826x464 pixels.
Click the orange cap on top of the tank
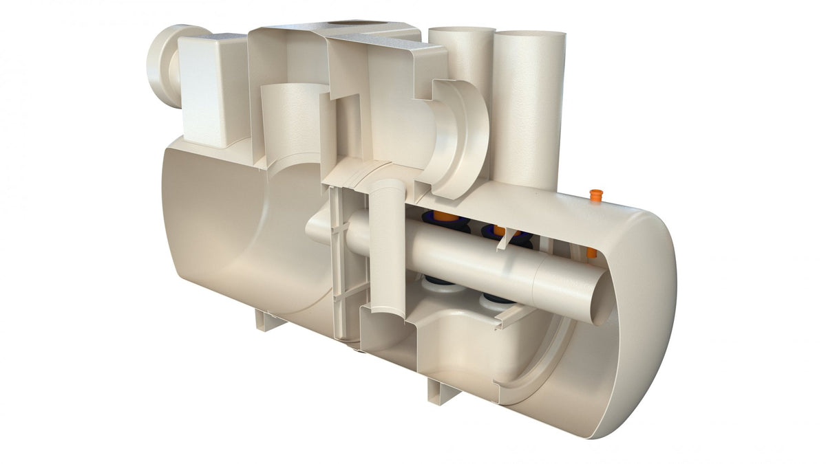point(595,196)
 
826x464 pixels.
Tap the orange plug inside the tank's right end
point(591,253)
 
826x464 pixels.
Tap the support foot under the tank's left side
point(268,320)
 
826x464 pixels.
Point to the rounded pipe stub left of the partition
point(317,227)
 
